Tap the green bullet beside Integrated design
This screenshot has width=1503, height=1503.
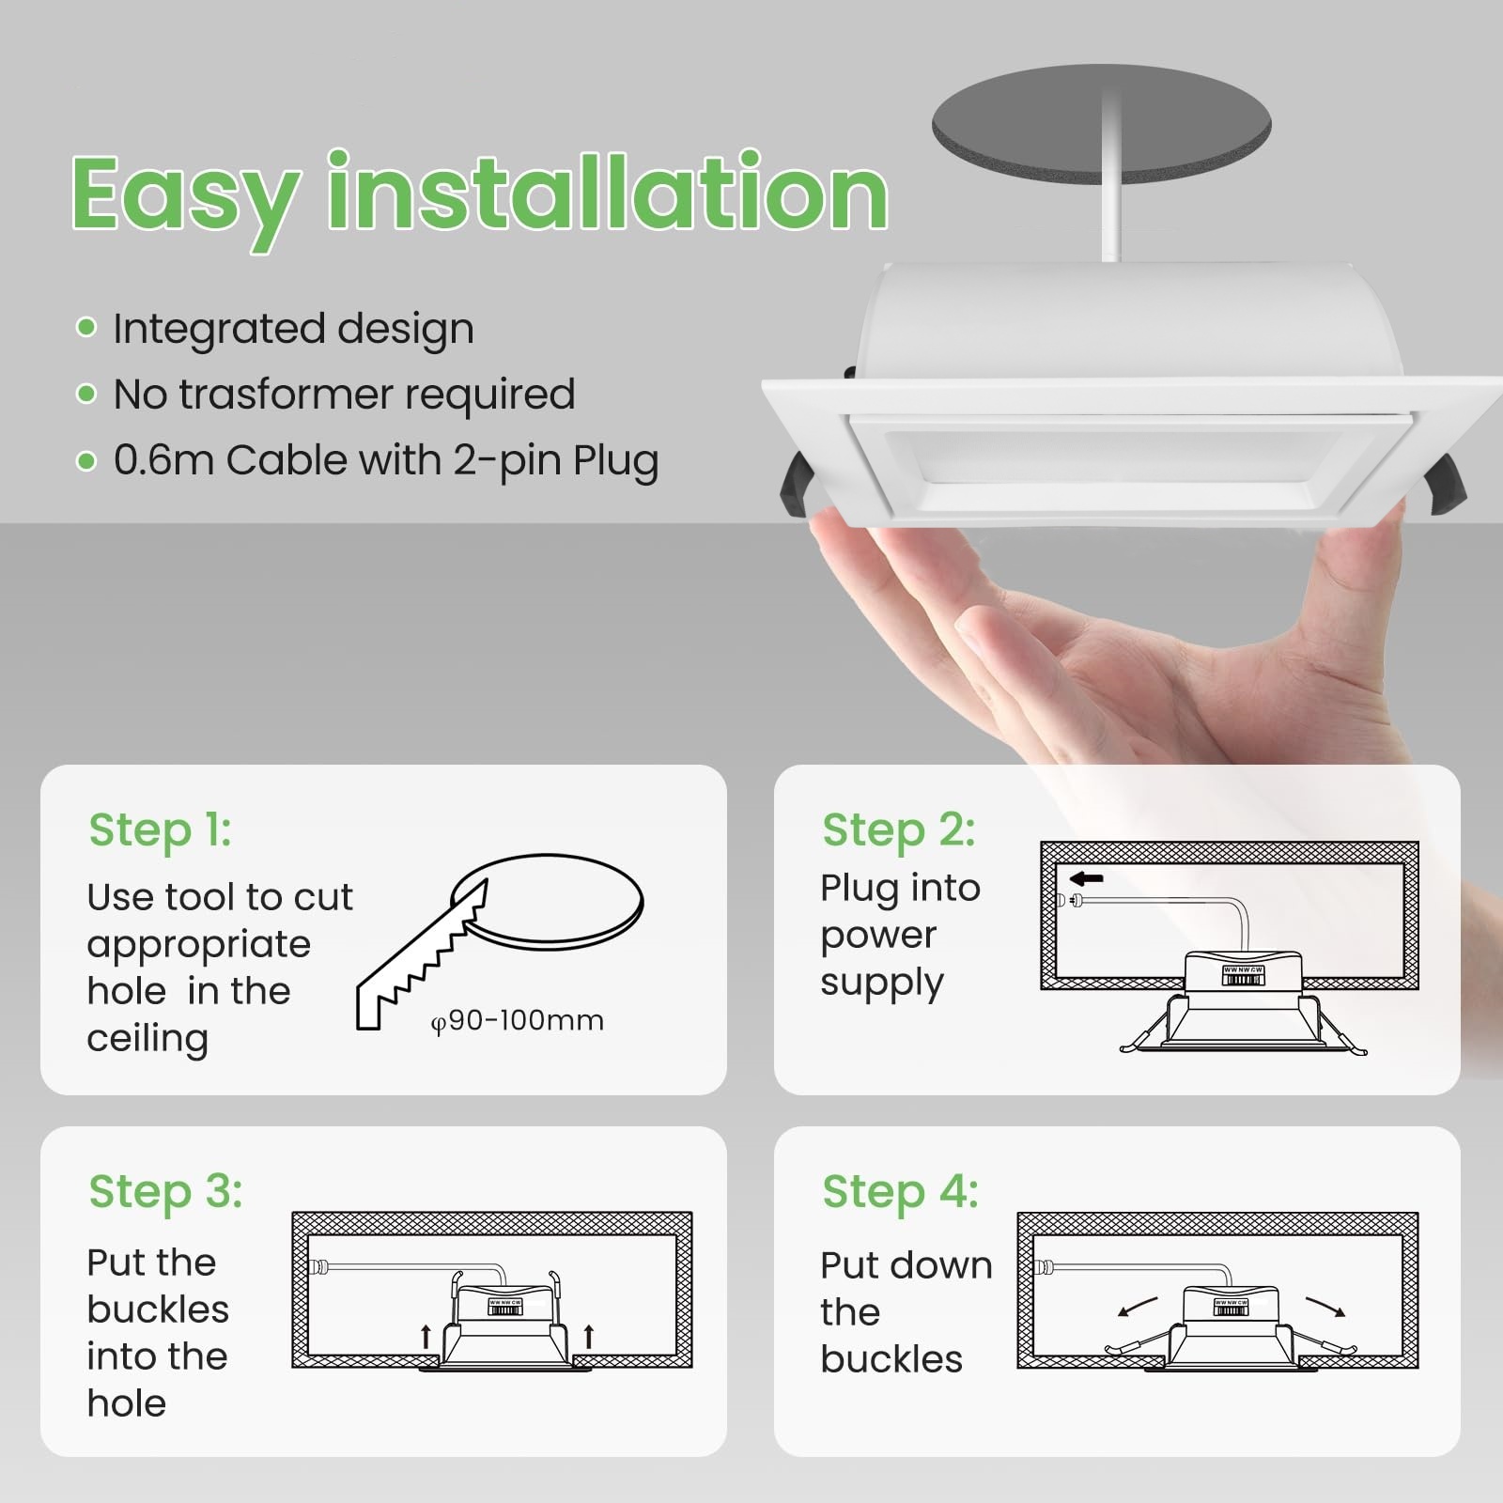point(86,328)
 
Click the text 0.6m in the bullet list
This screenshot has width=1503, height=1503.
point(164,460)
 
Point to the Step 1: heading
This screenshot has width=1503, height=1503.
point(161,830)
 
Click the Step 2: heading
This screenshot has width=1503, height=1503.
point(899,830)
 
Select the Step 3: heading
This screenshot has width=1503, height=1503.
point(166,1192)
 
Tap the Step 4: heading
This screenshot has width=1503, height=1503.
point(901,1192)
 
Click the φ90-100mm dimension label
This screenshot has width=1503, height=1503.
point(518,1021)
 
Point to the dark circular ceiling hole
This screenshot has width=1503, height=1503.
point(1102,124)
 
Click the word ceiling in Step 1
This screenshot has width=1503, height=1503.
point(147,1040)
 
